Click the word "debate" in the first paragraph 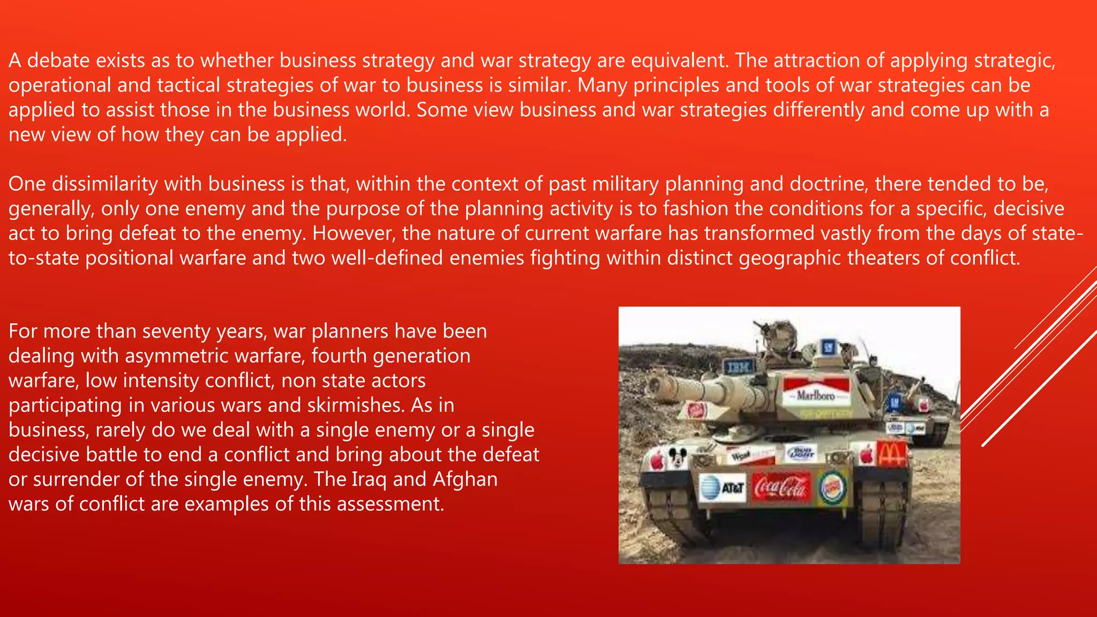click(x=58, y=61)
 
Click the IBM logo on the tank click(x=739, y=367)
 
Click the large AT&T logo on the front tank click(x=723, y=488)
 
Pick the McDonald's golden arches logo click(x=891, y=454)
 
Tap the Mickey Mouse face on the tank click(x=677, y=457)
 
